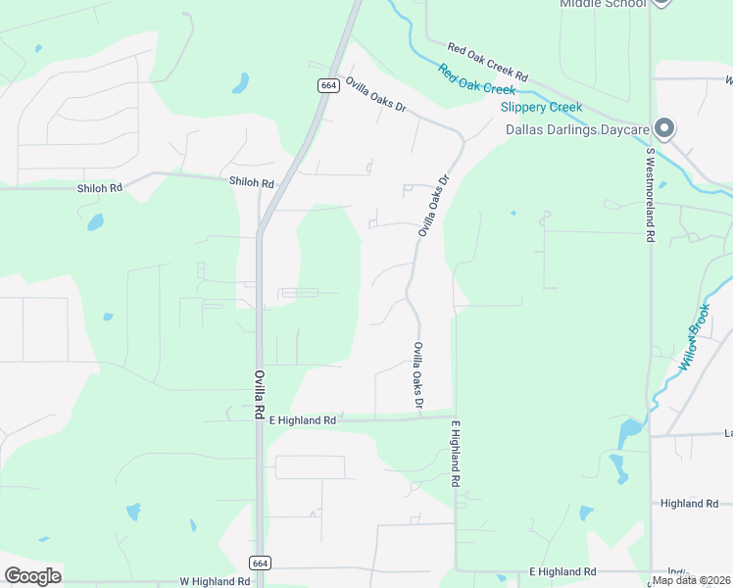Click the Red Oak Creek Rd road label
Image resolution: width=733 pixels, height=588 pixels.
488,62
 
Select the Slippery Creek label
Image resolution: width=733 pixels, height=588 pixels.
541,108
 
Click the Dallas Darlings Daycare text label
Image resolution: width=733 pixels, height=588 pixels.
577,129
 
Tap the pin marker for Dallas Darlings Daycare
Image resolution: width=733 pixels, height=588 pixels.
665,128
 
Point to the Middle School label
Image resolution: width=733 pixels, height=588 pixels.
603,4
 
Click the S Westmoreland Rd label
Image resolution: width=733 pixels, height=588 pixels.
649,194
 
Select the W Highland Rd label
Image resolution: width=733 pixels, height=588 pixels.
215,581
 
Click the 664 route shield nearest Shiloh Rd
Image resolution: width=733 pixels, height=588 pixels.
327,86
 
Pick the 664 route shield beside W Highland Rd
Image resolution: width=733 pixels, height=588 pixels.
260,563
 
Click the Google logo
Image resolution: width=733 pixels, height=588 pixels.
32,576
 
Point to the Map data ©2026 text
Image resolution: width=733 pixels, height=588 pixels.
691,580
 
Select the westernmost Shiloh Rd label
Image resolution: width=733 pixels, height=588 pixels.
102,188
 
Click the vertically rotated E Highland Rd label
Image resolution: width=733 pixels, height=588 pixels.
455,455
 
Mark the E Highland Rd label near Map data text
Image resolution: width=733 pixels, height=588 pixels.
562,571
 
